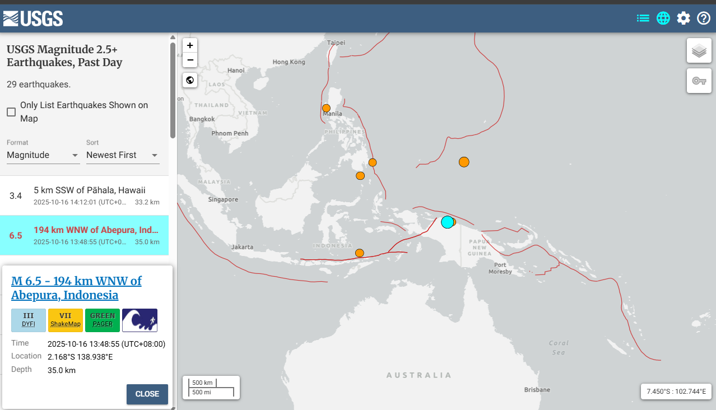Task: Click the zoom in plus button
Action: [x=190, y=45]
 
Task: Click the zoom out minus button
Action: [x=190, y=60]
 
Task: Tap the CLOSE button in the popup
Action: [x=147, y=394]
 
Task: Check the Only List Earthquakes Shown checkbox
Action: [x=11, y=112]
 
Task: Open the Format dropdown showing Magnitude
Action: [x=43, y=155]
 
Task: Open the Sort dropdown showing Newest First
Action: [x=123, y=155]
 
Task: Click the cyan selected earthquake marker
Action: [x=447, y=222]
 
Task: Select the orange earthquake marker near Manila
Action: [x=326, y=108]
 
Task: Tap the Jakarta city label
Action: [x=242, y=247]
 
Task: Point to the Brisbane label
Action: [x=537, y=390]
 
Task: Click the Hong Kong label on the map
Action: [x=288, y=62]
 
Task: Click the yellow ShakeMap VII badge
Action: [x=66, y=320]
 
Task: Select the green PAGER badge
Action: [x=103, y=320]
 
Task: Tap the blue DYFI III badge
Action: [x=29, y=320]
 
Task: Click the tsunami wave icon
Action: [x=140, y=320]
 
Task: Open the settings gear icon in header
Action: [x=684, y=18]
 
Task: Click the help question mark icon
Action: [x=704, y=18]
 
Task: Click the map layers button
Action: [x=699, y=51]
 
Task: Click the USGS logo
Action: [x=33, y=18]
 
